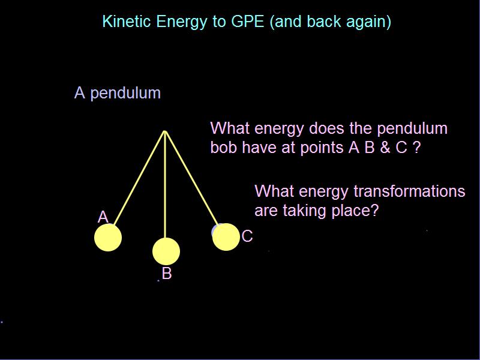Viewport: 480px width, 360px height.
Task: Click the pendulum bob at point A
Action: click(108, 238)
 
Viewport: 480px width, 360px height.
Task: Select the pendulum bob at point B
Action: click(166, 251)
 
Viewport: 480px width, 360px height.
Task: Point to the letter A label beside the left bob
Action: click(103, 217)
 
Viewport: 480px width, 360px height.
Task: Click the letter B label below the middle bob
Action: click(167, 274)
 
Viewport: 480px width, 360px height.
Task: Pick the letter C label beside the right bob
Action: click(247, 236)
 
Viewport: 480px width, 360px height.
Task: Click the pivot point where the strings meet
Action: click(165, 131)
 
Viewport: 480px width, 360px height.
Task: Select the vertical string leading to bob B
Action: click(165, 186)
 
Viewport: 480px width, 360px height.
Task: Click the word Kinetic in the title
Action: click(127, 22)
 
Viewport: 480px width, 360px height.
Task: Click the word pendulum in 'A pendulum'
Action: click(125, 94)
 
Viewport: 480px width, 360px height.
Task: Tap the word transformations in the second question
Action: click(409, 191)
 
